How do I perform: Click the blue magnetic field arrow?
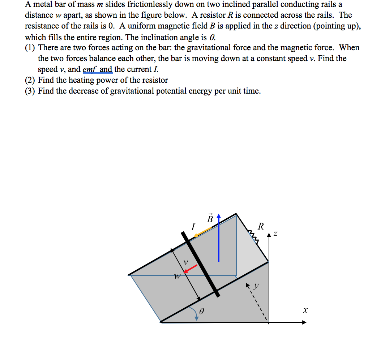(x=218, y=239)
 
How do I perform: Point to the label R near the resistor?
(x=261, y=227)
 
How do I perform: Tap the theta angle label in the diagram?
(x=202, y=311)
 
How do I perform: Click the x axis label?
(x=305, y=310)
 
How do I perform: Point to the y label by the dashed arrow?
(x=256, y=286)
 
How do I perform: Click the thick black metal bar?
(x=201, y=264)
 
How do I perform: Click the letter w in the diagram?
(x=177, y=277)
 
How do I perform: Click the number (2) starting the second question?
(x=30, y=80)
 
